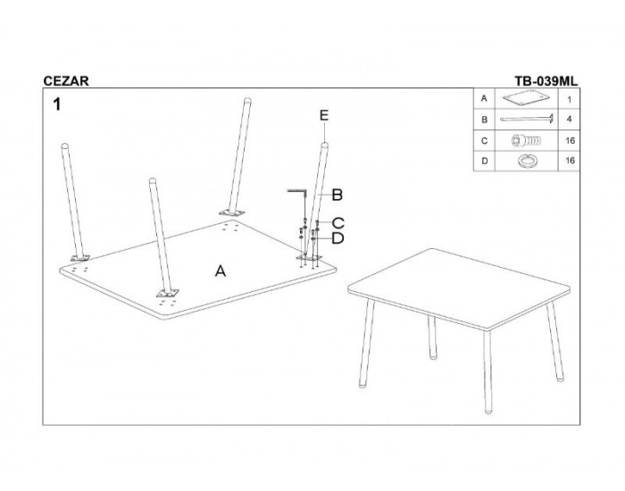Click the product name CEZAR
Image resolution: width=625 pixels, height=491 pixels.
66,81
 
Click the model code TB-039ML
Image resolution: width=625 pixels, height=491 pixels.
546,81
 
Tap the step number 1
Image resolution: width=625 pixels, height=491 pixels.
57,104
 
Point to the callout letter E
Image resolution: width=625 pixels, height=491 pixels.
324,115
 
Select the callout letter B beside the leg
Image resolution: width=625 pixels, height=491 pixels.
337,195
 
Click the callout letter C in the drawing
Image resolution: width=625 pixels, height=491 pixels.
338,222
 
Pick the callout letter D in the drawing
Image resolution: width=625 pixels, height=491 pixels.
337,238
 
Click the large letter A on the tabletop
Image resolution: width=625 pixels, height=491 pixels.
221,271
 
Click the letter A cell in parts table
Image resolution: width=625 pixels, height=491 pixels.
484,98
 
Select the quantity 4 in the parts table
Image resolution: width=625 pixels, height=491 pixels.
569,119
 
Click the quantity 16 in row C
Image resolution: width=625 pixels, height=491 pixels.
570,141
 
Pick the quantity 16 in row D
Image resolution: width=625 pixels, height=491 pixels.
570,160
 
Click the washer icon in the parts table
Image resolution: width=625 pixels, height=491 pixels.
525,161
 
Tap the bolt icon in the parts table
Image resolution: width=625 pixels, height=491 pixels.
526,141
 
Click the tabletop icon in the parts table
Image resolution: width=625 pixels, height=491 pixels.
526,98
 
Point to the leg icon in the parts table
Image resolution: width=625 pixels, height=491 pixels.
527,119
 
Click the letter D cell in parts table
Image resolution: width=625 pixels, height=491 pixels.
484,161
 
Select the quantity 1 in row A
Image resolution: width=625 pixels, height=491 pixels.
570,100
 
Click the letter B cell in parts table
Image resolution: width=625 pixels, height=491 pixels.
484,119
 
